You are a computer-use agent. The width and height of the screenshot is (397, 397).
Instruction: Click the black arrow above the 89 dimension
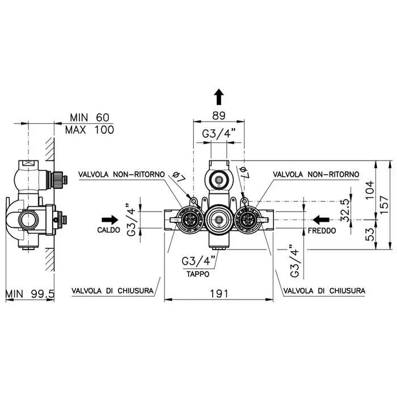pos(219,97)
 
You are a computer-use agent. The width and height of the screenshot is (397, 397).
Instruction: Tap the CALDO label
pos(109,230)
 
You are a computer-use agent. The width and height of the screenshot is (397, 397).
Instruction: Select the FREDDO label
pos(322,231)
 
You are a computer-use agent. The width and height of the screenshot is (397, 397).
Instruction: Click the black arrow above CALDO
pos(110,220)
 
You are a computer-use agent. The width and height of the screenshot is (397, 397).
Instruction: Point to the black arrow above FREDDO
pos(321,220)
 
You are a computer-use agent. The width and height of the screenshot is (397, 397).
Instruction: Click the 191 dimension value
pos(219,294)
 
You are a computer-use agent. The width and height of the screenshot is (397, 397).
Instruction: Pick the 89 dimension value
pos(219,116)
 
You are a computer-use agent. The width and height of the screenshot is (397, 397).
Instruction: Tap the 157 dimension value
pos(385,205)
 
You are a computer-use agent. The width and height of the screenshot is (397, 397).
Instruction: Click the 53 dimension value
pos(370,234)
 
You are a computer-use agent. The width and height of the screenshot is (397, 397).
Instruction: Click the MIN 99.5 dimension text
pos(30,294)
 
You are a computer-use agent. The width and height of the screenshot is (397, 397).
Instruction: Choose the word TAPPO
pos(198,274)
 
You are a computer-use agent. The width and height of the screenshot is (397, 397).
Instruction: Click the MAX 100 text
pos(90,130)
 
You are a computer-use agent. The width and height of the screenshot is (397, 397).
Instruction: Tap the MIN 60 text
pos(90,117)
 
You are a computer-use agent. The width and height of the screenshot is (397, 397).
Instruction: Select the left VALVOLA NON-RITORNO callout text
pos(121,175)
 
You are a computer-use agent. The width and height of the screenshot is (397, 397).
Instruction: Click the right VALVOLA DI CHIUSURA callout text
pos(324,290)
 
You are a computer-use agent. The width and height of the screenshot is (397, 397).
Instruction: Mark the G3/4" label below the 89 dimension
pos(219,133)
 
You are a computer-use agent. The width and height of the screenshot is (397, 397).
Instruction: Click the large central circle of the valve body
pos(218,219)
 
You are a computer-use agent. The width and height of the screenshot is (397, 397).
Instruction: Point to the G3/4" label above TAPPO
pos(198,261)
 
